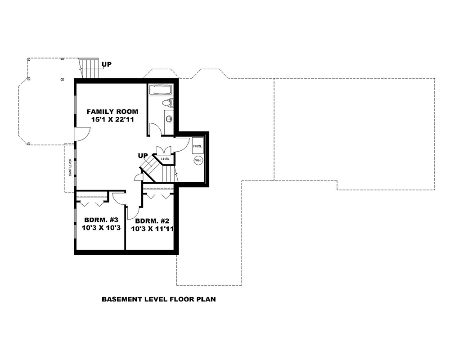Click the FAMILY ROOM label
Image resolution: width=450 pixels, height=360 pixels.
[x=112, y=112]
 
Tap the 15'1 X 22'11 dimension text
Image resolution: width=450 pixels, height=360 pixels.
[x=112, y=120]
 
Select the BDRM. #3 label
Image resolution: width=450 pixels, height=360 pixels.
[x=101, y=220]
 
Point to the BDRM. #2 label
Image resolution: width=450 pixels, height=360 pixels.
[x=152, y=220]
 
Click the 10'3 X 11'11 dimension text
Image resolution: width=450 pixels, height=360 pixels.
[x=152, y=229]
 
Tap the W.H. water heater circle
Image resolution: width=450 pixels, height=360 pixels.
[x=198, y=160]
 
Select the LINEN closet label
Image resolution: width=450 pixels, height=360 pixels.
[x=165, y=159]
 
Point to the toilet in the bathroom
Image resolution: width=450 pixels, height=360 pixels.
[x=167, y=103]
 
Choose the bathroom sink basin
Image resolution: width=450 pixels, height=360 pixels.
[x=169, y=119]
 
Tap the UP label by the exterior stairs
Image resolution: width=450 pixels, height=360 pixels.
[x=106, y=64]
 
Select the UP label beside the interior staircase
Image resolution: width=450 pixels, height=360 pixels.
[x=143, y=156]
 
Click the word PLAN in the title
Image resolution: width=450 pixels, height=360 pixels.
[x=206, y=299]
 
